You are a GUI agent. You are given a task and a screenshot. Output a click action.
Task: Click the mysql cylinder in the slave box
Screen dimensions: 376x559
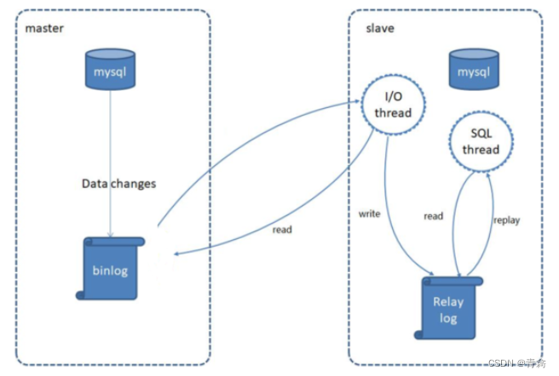[475, 71]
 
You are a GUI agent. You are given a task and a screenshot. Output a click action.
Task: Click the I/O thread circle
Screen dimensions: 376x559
[393, 105]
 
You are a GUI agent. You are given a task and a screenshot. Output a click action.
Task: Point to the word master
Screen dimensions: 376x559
[44, 28]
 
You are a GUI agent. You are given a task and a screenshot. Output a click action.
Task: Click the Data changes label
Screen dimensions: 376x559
[118, 183]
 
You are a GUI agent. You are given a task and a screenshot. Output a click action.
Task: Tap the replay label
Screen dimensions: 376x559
[506, 219]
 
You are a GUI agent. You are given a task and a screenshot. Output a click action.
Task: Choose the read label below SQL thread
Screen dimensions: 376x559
[433, 216]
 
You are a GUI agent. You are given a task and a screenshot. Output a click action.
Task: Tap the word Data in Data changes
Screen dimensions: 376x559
[95, 183]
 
